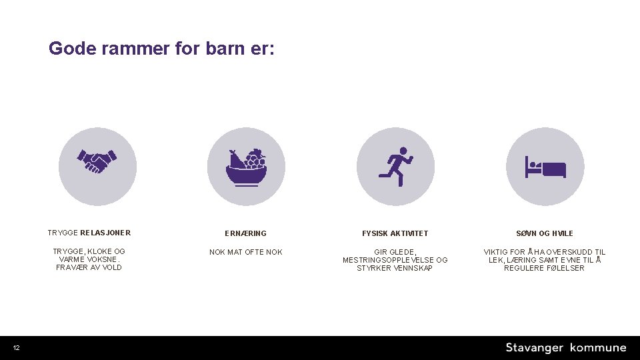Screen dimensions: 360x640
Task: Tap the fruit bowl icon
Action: (x=245, y=167)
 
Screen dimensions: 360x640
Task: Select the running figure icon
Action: (x=395, y=166)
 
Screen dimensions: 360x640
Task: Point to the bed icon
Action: (x=545, y=167)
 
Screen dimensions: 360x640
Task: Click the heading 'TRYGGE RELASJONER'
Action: (x=89, y=233)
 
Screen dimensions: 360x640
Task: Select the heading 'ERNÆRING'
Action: (x=245, y=233)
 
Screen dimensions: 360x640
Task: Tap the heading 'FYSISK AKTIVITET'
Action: (x=395, y=233)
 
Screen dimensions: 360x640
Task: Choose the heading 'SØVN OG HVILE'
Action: (x=544, y=233)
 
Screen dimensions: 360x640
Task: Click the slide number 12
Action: (x=16, y=348)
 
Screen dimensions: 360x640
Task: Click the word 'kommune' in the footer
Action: (x=598, y=348)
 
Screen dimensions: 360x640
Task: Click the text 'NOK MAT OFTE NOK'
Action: (x=245, y=252)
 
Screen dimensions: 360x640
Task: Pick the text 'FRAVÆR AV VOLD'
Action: (x=89, y=267)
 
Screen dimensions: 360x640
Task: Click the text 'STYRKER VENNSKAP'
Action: (x=395, y=268)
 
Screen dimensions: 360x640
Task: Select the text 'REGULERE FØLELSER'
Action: (x=544, y=268)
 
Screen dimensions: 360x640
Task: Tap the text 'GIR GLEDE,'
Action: (x=395, y=252)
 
